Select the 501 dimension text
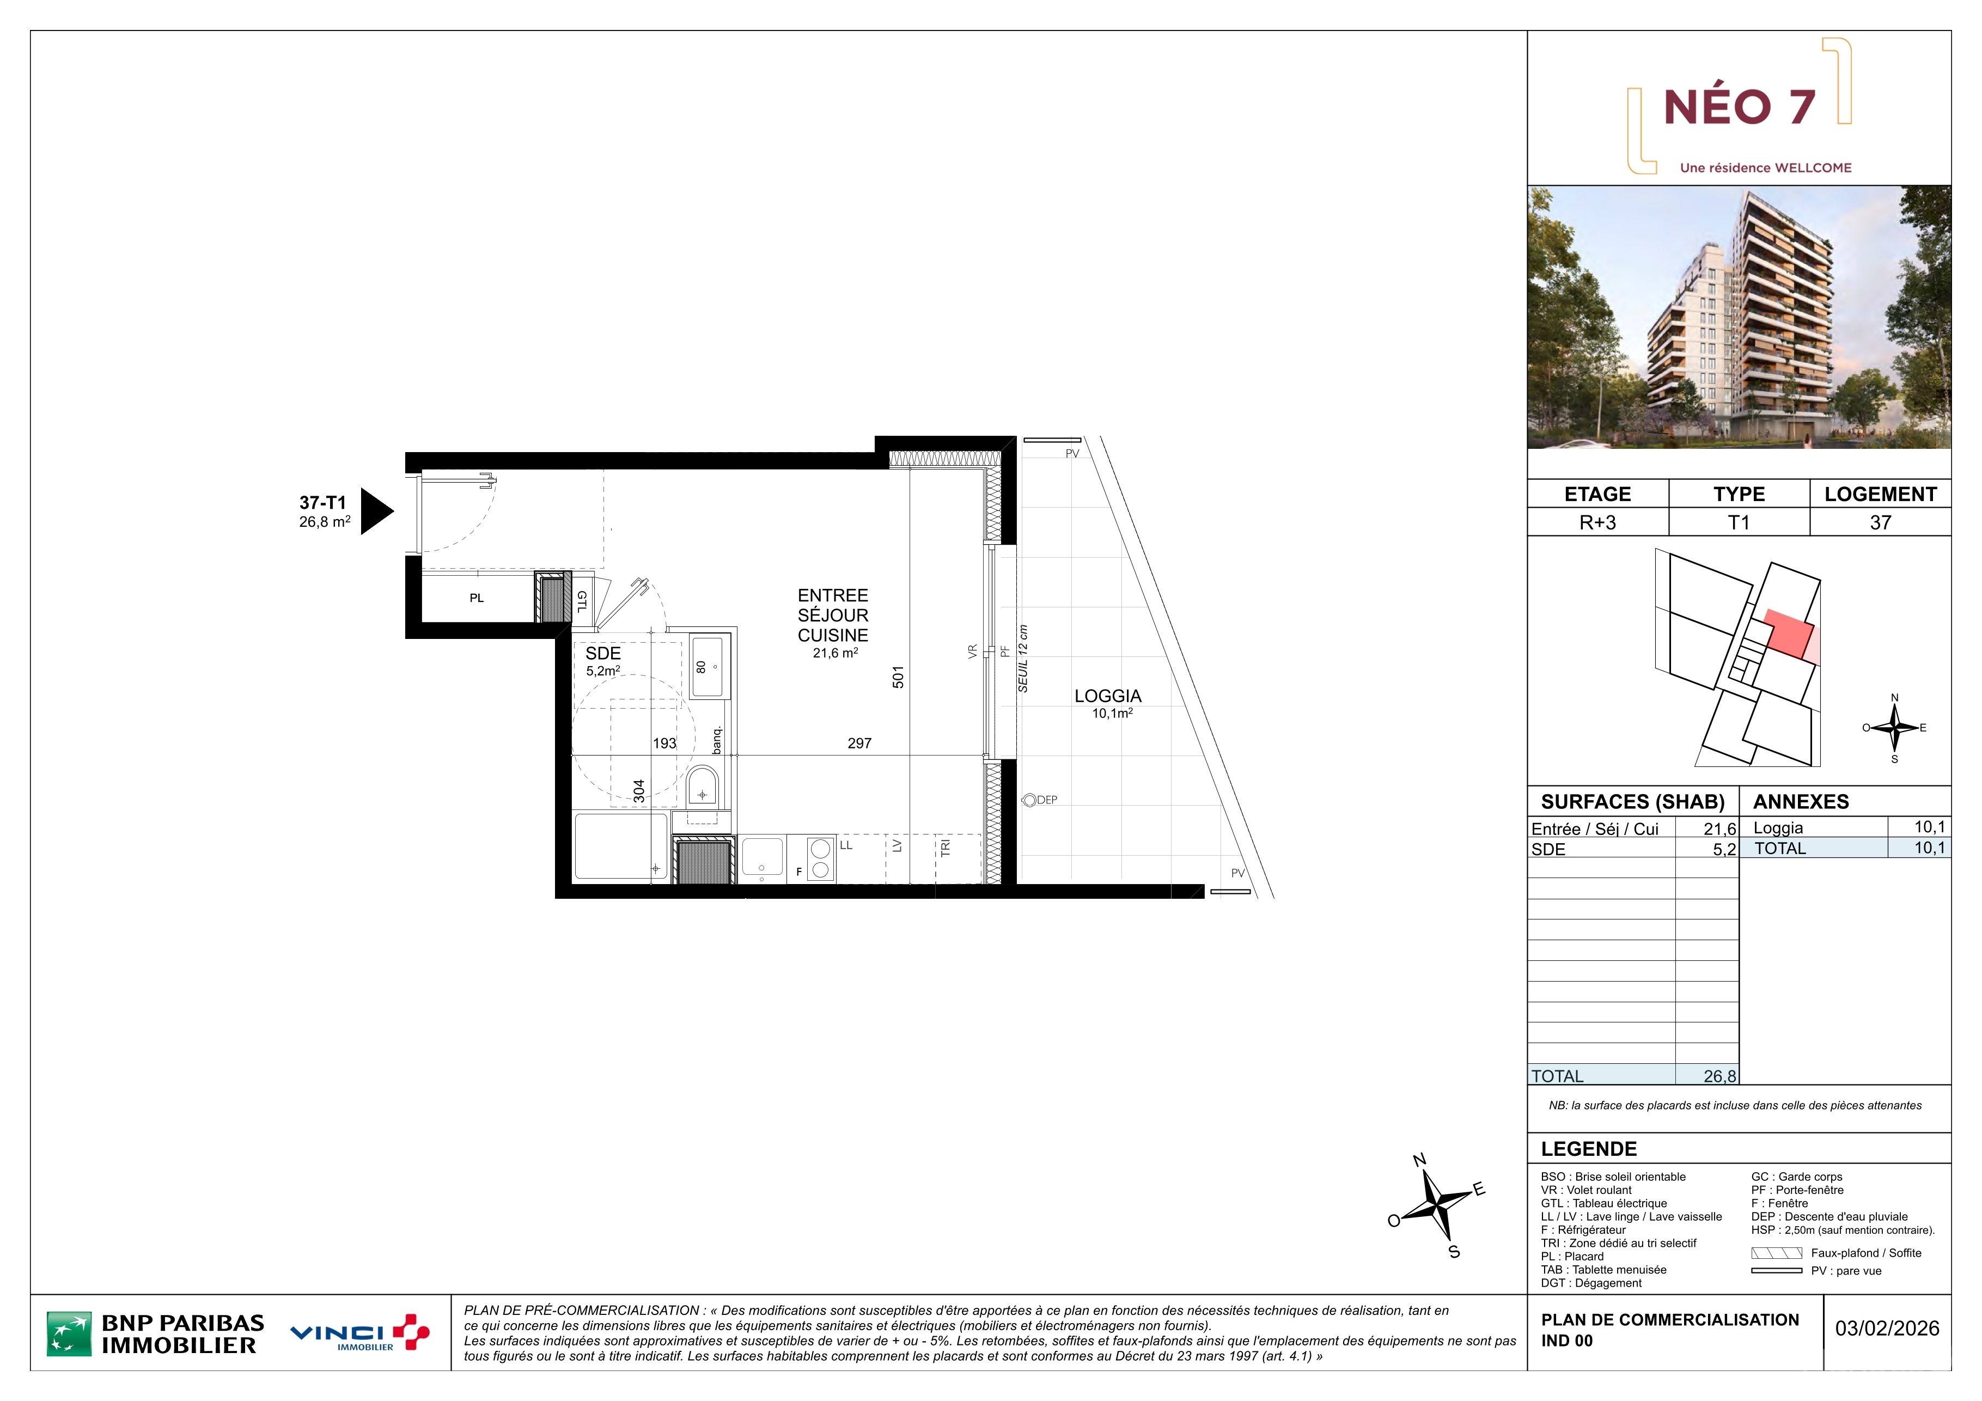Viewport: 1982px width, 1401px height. (x=898, y=677)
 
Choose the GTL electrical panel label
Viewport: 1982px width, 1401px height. (x=582, y=602)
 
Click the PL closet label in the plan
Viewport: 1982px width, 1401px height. (x=477, y=598)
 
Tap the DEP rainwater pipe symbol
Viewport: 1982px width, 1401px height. (x=1029, y=800)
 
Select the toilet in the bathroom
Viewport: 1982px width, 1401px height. (x=702, y=787)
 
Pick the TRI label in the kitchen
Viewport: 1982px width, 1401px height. (x=945, y=848)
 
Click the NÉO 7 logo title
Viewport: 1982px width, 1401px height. (x=1740, y=107)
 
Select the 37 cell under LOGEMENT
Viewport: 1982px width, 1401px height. (x=1880, y=522)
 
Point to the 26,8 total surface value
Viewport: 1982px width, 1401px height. (x=1719, y=1076)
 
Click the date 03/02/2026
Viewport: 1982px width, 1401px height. (x=1887, y=1329)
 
